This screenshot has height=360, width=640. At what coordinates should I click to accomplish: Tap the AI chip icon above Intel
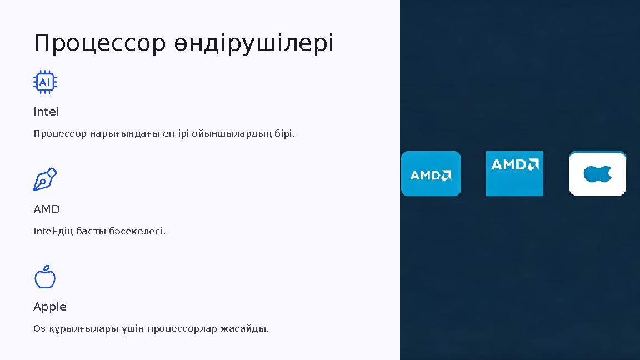pyautogui.click(x=45, y=82)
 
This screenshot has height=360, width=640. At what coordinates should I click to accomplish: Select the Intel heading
pyautogui.click(x=46, y=112)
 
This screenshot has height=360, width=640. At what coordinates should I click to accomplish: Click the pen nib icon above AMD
pyautogui.click(x=45, y=179)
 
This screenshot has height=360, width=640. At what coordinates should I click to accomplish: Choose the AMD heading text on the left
pyautogui.click(x=47, y=209)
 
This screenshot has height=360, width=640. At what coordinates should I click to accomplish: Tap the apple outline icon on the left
pyautogui.click(x=45, y=277)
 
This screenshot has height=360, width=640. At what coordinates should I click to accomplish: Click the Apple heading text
pyautogui.click(x=50, y=307)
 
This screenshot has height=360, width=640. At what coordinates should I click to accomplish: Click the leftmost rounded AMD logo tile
pyautogui.click(x=431, y=174)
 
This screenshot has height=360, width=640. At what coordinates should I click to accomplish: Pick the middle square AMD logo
pyautogui.click(x=514, y=173)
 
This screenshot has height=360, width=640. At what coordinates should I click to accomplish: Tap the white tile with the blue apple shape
pyautogui.click(x=597, y=174)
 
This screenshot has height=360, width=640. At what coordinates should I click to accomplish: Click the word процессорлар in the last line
pyautogui.click(x=182, y=329)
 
